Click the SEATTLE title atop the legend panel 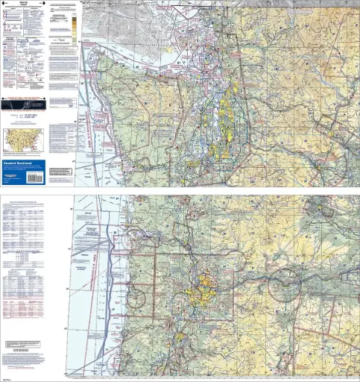pos(23,6)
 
